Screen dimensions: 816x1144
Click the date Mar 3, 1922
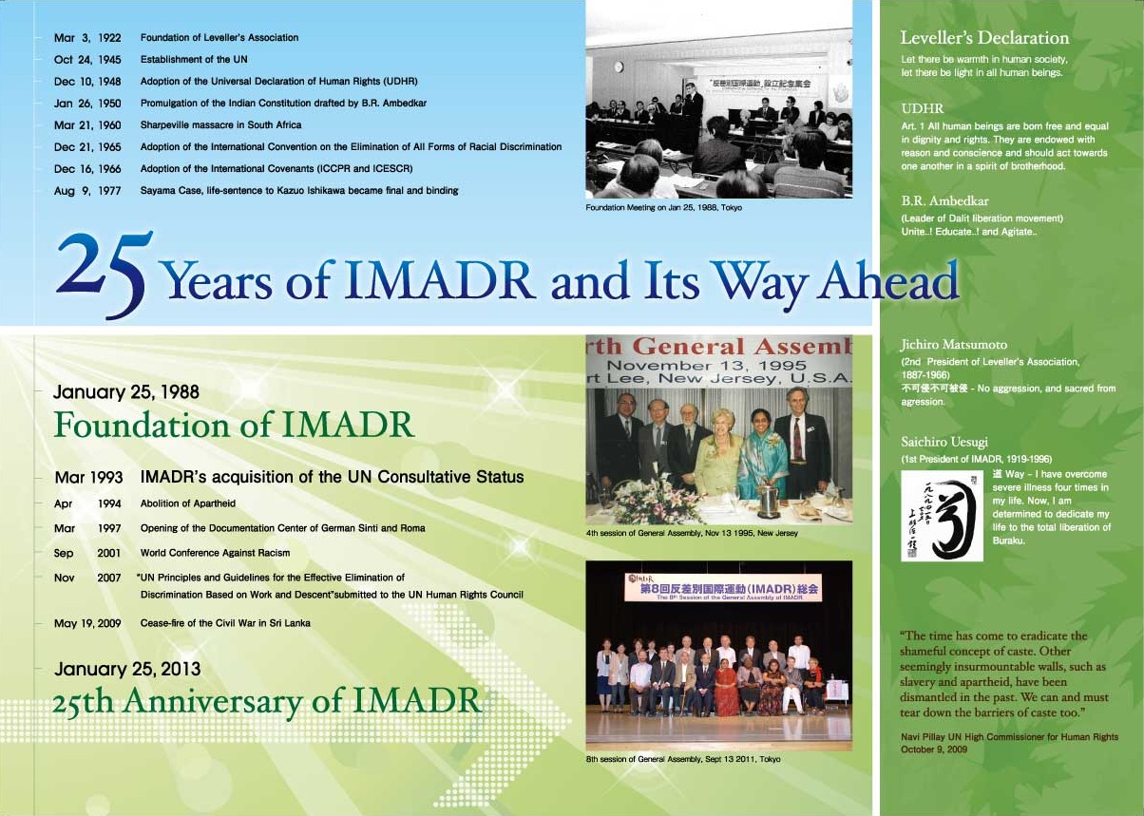(x=87, y=38)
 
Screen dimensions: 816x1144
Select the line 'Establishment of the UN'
(x=194, y=60)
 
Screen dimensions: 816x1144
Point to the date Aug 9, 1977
(x=87, y=191)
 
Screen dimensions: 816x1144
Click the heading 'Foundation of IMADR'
(x=234, y=425)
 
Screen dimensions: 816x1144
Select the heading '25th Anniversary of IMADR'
(x=267, y=702)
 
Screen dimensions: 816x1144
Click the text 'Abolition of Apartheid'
(x=188, y=503)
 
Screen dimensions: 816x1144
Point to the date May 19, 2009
(x=87, y=623)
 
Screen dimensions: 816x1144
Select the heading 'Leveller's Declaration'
(x=984, y=39)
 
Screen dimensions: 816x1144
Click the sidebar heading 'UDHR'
(x=922, y=108)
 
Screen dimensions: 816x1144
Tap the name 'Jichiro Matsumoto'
(x=954, y=345)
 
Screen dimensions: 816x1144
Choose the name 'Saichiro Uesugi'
(x=945, y=442)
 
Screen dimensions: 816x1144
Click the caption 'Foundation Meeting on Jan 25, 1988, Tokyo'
(x=663, y=207)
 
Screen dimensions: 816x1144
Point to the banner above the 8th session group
(x=722, y=587)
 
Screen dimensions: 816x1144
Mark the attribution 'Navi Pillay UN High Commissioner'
(x=1009, y=737)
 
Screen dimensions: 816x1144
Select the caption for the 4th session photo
(x=692, y=533)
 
